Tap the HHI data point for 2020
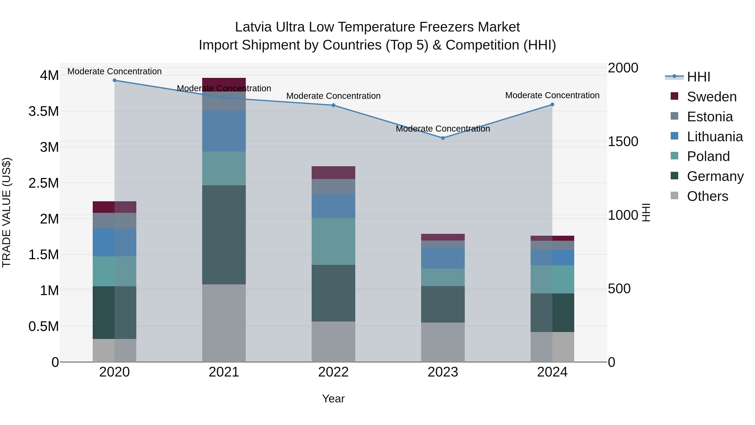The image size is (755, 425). pos(115,80)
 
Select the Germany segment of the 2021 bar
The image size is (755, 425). pos(224,235)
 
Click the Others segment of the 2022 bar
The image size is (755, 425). pos(333,342)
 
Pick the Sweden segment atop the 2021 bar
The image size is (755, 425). pos(224,84)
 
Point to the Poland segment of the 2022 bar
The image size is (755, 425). pos(333,241)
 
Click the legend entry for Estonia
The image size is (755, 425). pos(709,117)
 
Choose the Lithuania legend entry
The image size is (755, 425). pos(715,137)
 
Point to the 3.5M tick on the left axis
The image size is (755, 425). pos(44,111)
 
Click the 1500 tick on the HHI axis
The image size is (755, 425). pos(623,141)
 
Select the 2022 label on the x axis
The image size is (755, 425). pos(333,372)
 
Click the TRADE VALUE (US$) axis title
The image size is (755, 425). pos(7,212)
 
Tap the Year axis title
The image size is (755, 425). pos(333,399)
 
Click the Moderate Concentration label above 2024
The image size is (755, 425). pos(552,95)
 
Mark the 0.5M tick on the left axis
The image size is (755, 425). pos(44,326)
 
